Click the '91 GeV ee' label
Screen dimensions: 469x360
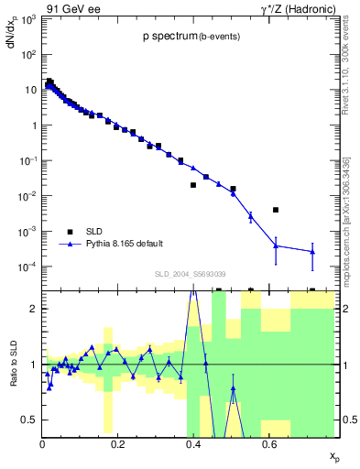(72, 9)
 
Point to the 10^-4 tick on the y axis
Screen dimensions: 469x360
(29, 267)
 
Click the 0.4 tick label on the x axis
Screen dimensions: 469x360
(192, 444)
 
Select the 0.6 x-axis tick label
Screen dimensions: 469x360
(267, 444)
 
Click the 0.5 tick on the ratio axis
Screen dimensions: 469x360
(31, 420)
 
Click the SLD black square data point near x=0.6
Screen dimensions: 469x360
(276, 210)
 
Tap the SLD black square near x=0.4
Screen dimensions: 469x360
(193, 185)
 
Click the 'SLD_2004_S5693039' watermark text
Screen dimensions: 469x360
(190, 274)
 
